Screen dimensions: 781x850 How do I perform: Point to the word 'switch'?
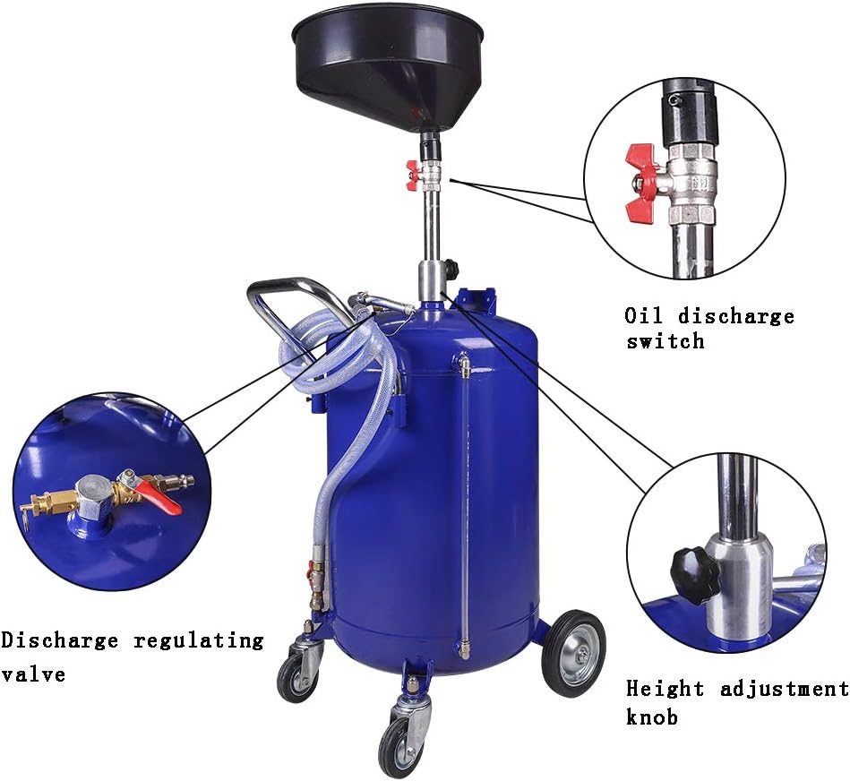(x=665, y=341)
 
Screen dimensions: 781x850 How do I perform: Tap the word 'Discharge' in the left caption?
(x=60, y=640)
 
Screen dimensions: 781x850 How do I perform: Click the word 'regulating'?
(x=199, y=641)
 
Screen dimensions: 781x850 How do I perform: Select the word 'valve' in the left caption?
(x=33, y=674)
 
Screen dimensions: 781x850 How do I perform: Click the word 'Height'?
(x=665, y=689)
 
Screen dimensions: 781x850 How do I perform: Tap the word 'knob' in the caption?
(x=652, y=717)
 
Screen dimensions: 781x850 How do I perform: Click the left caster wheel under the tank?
(x=296, y=677)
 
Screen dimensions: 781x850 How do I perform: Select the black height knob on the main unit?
(x=451, y=269)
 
